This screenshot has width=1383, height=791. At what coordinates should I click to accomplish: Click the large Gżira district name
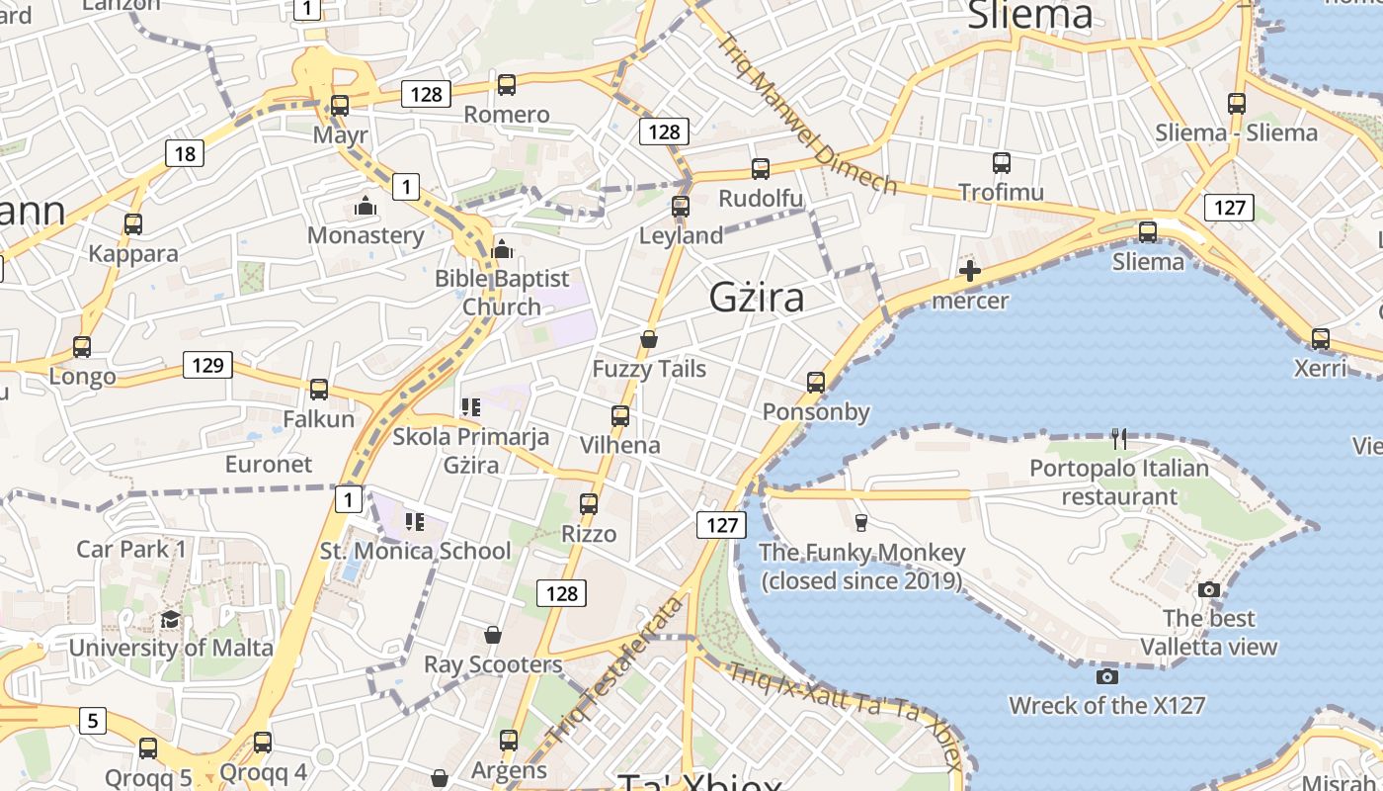point(757,297)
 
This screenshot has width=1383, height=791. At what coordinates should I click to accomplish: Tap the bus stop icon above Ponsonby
point(816,382)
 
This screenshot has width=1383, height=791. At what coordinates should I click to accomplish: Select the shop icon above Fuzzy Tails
point(649,340)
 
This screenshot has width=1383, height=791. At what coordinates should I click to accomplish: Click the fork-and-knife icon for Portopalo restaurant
point(1119,438)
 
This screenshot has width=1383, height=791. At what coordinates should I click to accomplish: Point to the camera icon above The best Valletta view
point(1208,590)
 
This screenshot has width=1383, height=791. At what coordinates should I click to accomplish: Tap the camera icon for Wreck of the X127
point(1106,676)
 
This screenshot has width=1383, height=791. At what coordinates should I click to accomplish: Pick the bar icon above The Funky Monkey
point(860,522)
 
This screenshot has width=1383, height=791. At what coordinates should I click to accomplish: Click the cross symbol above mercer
point(970,271)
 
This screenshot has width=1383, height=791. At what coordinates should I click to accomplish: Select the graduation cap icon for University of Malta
point(171,619)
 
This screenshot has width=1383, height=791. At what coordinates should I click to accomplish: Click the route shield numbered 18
point(185,153)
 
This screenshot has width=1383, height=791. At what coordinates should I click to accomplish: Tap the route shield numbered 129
point(207,365)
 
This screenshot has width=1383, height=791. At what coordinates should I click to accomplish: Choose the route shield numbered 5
point(92,721)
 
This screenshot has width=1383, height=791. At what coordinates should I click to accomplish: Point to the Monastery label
point(366,235)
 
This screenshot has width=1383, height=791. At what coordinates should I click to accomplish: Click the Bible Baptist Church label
point(502,293)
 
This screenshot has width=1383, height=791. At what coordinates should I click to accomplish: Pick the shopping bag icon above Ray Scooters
point(493,635)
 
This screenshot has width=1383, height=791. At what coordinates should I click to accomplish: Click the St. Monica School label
point(416,551)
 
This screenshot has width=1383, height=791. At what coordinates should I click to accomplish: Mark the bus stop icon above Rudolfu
point(761,169)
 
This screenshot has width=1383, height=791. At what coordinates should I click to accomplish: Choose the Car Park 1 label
point(131,549)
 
